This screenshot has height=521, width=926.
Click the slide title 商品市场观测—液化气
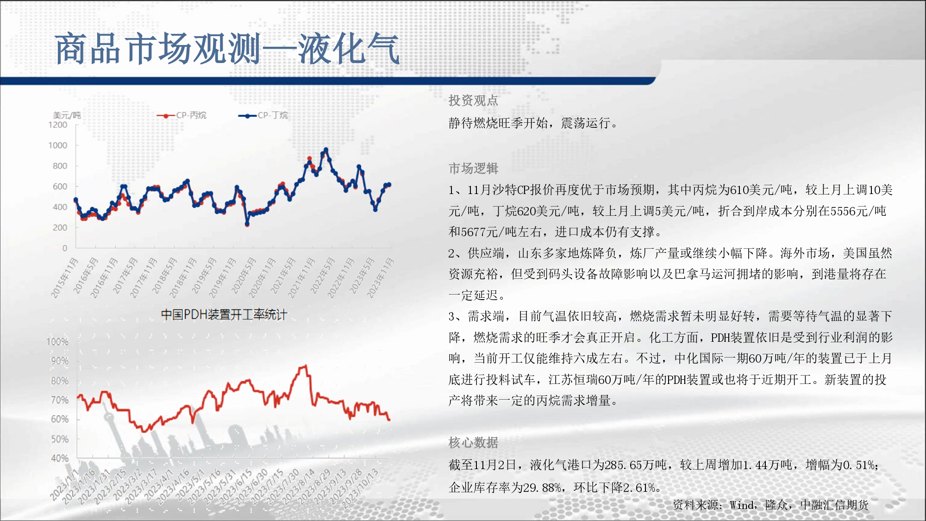pyautogui.click(x=227, y=49)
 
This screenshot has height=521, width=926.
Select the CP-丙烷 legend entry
pyautogui.click(x=181, y=115)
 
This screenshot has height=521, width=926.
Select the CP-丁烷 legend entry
pyautogui.click(x=263, y=115)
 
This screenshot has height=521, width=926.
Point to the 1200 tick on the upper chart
pyautogui.click(x=58, y=125)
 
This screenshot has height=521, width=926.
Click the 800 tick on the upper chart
pyautogui.click(x=60, y=166)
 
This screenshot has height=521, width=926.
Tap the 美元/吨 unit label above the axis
pyautogui.click(x=67, y=115)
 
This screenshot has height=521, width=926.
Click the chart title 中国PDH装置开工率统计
pyautogui.click(x=224, y=315)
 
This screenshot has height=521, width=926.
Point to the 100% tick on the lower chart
pyautogui.click(x=57, y=342)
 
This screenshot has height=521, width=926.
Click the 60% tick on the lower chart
pyautogui.click(x=60, y=419)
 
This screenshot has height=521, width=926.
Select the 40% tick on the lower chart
pyautogui.click(x=60, y=458)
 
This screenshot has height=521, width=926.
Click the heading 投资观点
pyautogui.click(x=473, y=100)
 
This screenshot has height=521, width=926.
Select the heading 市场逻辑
pyautogui.click(x=473, y=169)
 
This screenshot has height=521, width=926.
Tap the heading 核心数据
pyautogui.click(x=473, y=443)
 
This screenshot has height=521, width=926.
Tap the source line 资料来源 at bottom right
pyautogui.click(x=770, y=505)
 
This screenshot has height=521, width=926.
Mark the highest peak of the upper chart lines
pyautogui.click(x=326, y=150)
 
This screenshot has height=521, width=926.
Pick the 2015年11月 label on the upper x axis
pyautogui.click(x=64, y=278)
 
